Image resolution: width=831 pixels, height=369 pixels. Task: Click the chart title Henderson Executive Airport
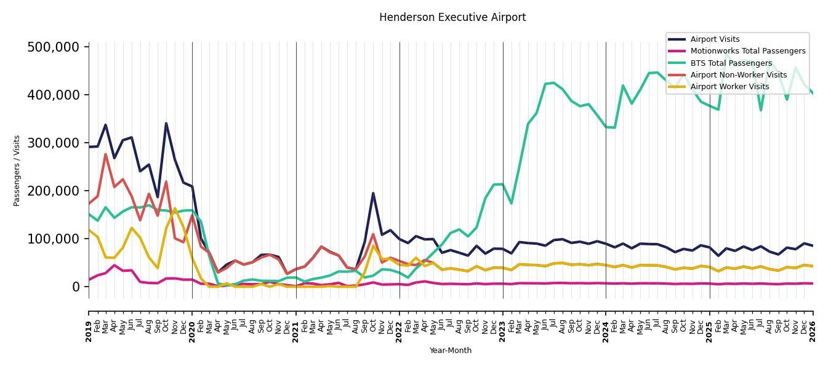tap(452, 17)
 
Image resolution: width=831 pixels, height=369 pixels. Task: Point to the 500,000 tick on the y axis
tap(54, 47)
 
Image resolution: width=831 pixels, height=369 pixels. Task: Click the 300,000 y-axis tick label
tap(54, 143)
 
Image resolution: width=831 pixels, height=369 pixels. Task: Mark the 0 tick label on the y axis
tap(76, 287)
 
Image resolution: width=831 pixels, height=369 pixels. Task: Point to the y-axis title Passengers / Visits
tap(17, 171)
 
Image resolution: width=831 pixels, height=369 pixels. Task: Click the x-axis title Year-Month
tap(451, 351)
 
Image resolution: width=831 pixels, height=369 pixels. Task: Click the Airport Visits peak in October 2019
tap(166, 124)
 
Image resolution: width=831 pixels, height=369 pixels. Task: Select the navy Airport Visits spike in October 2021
tap(373, 193)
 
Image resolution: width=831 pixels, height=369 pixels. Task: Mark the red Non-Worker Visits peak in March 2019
tap(106, 154)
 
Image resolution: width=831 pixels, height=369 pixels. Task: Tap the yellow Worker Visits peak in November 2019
tap(175, 208)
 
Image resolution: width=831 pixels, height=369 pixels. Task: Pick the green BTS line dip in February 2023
tap(511, 204)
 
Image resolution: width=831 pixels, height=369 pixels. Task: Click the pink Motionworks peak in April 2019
tap(114, 265)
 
